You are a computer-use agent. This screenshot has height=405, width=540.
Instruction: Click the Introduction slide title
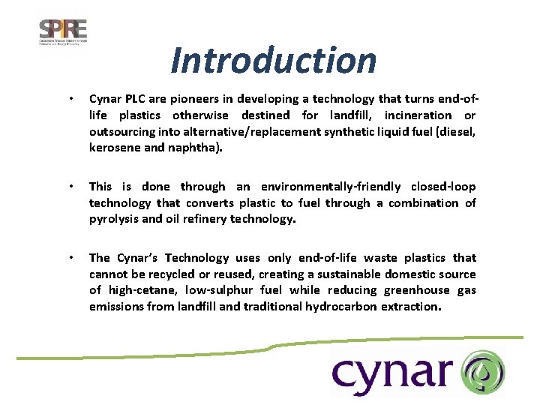point(273,60)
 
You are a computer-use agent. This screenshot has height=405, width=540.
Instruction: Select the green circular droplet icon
point(483,373)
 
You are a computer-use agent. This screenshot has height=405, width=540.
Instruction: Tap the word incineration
point(418,115)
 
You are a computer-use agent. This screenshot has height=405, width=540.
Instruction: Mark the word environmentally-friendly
point(331,187)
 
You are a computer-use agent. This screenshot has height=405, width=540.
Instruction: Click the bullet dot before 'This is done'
point(70,187)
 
